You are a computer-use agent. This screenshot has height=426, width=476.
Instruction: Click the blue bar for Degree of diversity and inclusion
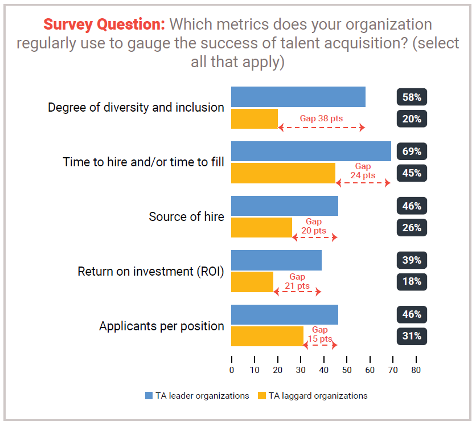[298, 97]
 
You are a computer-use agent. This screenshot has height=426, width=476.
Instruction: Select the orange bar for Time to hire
[283, 173]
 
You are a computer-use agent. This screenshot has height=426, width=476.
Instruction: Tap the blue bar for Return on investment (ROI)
[276, 260]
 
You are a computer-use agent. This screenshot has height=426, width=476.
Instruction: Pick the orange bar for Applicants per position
[267, 336]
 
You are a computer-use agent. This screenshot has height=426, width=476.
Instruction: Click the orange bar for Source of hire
[261, 228]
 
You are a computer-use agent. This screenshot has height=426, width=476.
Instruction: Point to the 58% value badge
[412, 97]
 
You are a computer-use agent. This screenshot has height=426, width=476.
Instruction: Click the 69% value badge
[412, 151]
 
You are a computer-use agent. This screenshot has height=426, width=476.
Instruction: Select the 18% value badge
[412, 281]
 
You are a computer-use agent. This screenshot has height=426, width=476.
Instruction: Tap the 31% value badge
[412, 336]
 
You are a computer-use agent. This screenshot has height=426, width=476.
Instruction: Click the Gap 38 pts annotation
[322, 119]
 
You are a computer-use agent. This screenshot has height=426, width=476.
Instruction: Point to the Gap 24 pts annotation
[363, 171]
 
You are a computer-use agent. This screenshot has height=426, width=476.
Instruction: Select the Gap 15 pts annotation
[319, 334]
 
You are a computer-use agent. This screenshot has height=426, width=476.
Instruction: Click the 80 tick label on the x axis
[416, 370]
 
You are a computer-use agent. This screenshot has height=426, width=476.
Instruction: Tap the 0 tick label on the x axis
[232, 370]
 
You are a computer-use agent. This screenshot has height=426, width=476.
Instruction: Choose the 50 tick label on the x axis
[347, 370]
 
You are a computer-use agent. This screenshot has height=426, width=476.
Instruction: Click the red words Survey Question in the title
[104, 24]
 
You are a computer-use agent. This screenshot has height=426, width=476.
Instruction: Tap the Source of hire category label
[186, 217]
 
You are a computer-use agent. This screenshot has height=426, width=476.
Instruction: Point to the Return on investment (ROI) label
[150, 271]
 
